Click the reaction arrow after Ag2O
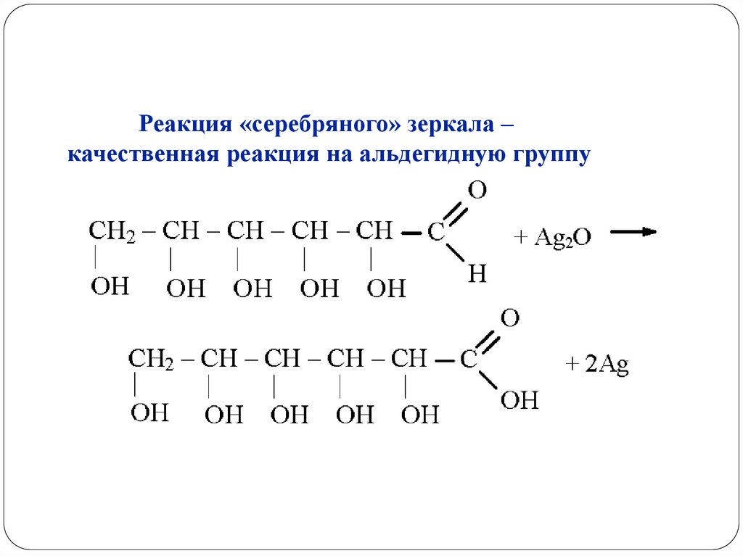(x=633, y=232)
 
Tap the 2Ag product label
(x=598, y=365)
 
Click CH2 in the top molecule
(x=112, y=232)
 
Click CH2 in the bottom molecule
(x=150, y=359)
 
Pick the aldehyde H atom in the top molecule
(x=477, y=273)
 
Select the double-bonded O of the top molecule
(x=477, y=191)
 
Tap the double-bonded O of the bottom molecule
(x=510, y=319)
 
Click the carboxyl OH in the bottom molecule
(x=520, y=399)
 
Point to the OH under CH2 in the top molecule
(x=110, y=286)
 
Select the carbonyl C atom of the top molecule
(x=435, y=233)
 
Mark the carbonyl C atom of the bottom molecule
(x=469, y=360)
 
